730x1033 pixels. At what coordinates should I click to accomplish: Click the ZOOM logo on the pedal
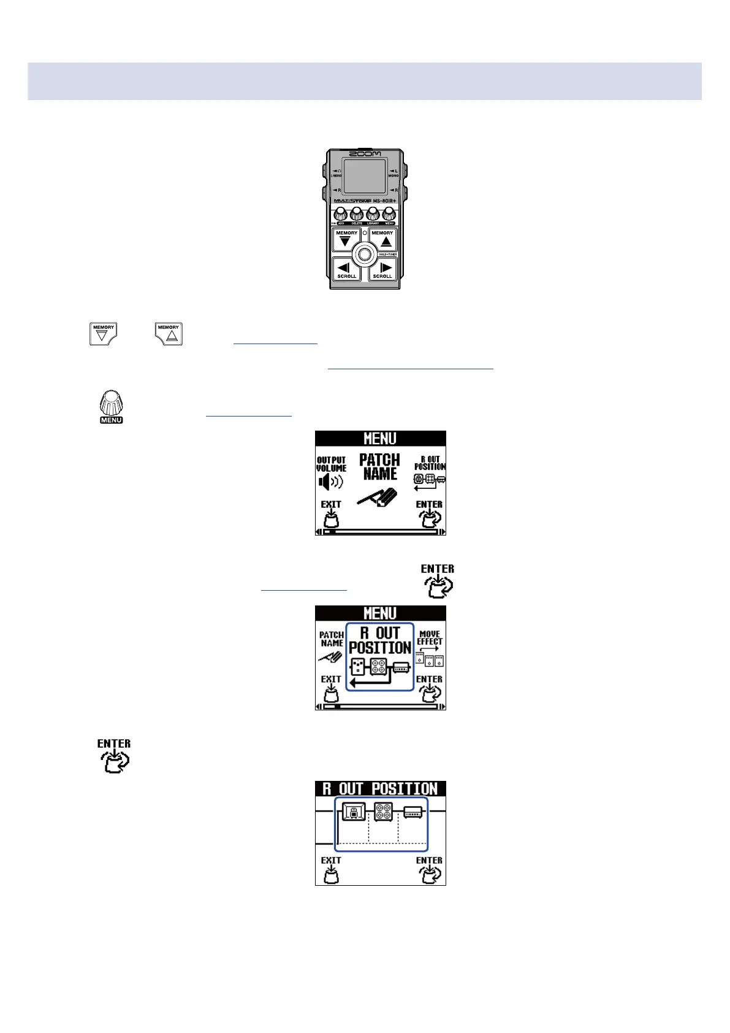365,153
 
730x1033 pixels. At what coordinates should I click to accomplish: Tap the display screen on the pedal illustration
365,177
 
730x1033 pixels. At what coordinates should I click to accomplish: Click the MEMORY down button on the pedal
346,239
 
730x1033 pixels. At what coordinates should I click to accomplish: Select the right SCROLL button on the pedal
383,269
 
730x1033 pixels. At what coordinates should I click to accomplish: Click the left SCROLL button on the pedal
346,269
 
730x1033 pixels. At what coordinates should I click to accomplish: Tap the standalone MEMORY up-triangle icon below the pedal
169,334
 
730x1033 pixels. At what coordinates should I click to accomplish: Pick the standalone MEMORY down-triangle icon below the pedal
103,334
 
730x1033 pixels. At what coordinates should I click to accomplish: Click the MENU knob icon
111,406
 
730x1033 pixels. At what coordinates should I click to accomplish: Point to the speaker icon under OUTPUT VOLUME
330,482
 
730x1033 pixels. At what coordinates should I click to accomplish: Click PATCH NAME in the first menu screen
379,467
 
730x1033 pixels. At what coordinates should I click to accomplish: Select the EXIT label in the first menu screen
331,505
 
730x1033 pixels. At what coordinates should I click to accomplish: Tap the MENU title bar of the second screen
380,613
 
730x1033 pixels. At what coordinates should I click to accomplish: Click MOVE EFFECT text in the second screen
430,638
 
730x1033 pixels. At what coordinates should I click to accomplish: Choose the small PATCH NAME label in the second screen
332,639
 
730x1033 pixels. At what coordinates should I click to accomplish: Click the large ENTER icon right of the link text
438,580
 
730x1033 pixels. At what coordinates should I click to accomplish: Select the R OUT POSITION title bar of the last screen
380,789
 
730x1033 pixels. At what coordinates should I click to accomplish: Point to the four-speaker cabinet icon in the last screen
383,813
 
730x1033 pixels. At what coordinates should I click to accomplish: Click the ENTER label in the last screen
429,861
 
